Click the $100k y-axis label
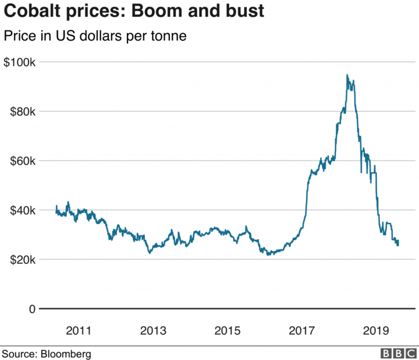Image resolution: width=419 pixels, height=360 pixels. pos(19,62)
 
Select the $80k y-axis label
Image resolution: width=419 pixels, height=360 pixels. pos(22,111)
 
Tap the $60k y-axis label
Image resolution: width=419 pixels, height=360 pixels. pos(22,161)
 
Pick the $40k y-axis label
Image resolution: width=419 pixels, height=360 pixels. pos(22,210)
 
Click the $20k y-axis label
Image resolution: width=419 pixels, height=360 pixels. pos(22,259)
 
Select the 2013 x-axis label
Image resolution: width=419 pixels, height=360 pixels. pos(152,331)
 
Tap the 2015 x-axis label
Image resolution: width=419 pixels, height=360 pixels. pos(227,331)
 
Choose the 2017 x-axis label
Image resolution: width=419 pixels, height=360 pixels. pos(301,331)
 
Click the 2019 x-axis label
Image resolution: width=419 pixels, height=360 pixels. pos(376,331)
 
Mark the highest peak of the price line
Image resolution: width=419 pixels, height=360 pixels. pos(347,75)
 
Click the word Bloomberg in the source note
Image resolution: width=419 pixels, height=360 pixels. pos(65,353)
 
